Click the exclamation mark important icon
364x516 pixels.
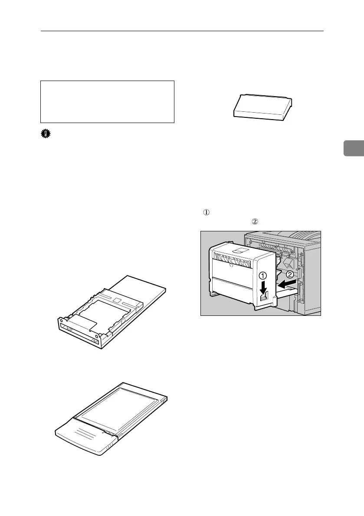coord(44,135)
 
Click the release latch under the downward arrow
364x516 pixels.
coord(262,298)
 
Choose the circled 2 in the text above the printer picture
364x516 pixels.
coord(255,221)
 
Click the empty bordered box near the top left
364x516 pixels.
coord(107,101)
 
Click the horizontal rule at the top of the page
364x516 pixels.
coord(182,31)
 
